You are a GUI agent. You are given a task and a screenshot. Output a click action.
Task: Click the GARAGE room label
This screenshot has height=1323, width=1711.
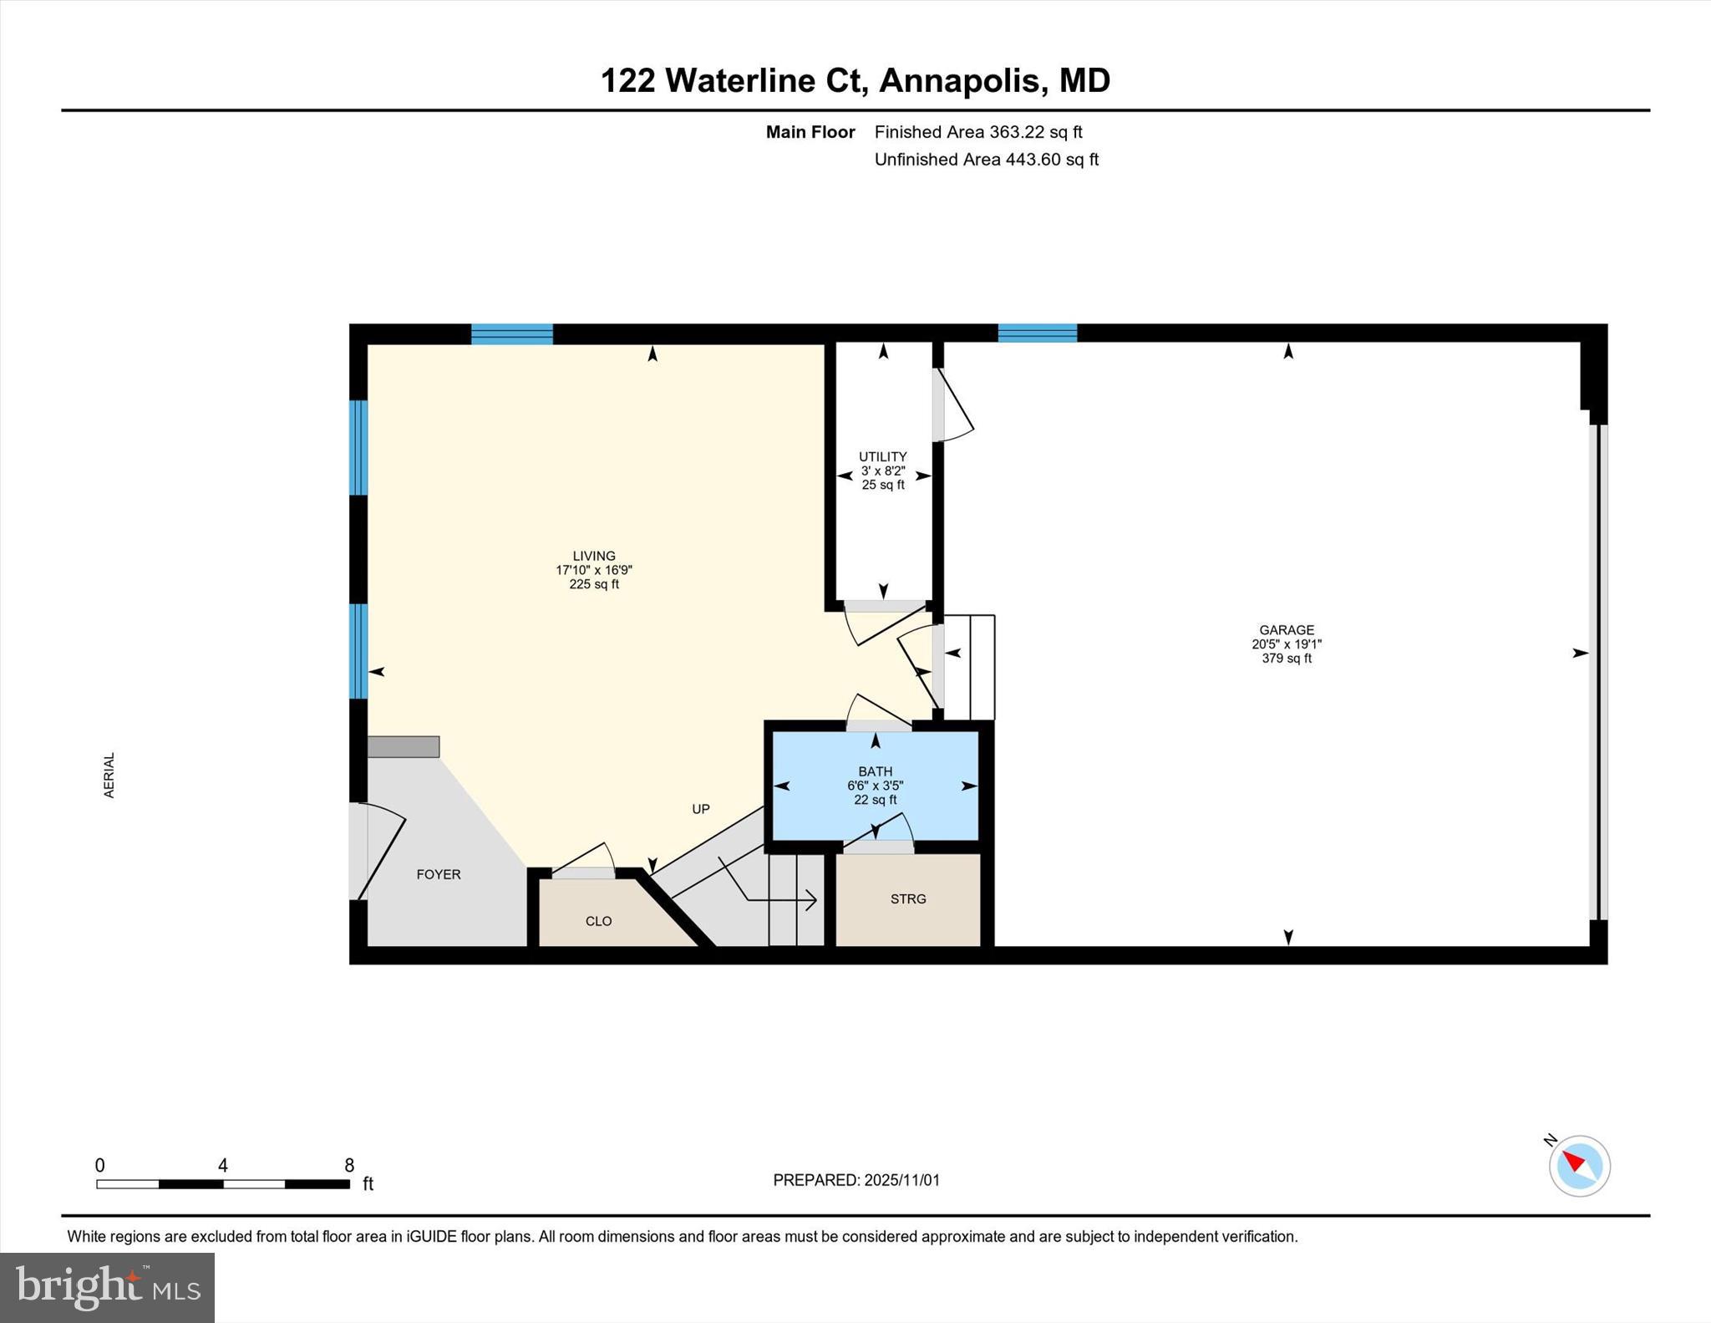(1287, 630)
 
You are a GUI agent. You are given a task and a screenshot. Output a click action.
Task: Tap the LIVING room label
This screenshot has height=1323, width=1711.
(594, 556)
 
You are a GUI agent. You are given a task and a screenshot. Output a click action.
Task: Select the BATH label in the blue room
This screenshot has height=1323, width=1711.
(876, 771)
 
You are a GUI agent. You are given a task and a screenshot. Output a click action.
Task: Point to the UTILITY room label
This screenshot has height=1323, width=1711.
(883, 456)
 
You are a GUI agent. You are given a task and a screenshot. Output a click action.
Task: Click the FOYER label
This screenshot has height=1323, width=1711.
(439, 874)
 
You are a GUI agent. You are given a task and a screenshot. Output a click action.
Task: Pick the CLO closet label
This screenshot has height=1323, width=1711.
(599, 921)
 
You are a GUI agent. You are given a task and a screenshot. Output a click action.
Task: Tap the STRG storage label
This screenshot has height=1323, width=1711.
(908, 899)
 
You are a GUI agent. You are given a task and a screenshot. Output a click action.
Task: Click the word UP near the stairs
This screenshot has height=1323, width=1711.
(701, 809)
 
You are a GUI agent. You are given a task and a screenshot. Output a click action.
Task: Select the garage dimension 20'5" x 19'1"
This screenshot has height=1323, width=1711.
(1287, 644)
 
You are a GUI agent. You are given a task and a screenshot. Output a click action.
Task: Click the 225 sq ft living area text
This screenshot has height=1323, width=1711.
(594, 584)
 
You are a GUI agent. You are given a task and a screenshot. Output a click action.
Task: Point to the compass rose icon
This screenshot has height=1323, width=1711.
(1579, 1165)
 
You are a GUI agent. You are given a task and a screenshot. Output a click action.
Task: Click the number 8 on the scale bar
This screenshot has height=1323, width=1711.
(349, 1165)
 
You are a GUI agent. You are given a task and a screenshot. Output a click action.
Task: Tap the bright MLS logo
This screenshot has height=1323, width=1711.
(108, 1287)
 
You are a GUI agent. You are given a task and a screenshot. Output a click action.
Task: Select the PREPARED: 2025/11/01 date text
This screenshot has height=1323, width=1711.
(856, 1180)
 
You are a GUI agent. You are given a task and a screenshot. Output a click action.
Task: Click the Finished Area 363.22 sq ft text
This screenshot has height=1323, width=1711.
(978, 132)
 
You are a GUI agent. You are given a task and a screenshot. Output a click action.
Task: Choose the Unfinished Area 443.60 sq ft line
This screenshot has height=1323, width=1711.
(987, 160)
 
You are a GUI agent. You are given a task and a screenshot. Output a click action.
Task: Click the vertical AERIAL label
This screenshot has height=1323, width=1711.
(109, 776)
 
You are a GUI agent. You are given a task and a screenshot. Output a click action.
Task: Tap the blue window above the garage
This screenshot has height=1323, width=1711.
(1038, 333)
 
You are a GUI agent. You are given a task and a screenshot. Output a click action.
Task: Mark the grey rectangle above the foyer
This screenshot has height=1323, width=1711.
(404, 747)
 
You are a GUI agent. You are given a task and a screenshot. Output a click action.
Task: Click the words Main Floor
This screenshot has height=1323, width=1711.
(810, 132)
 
